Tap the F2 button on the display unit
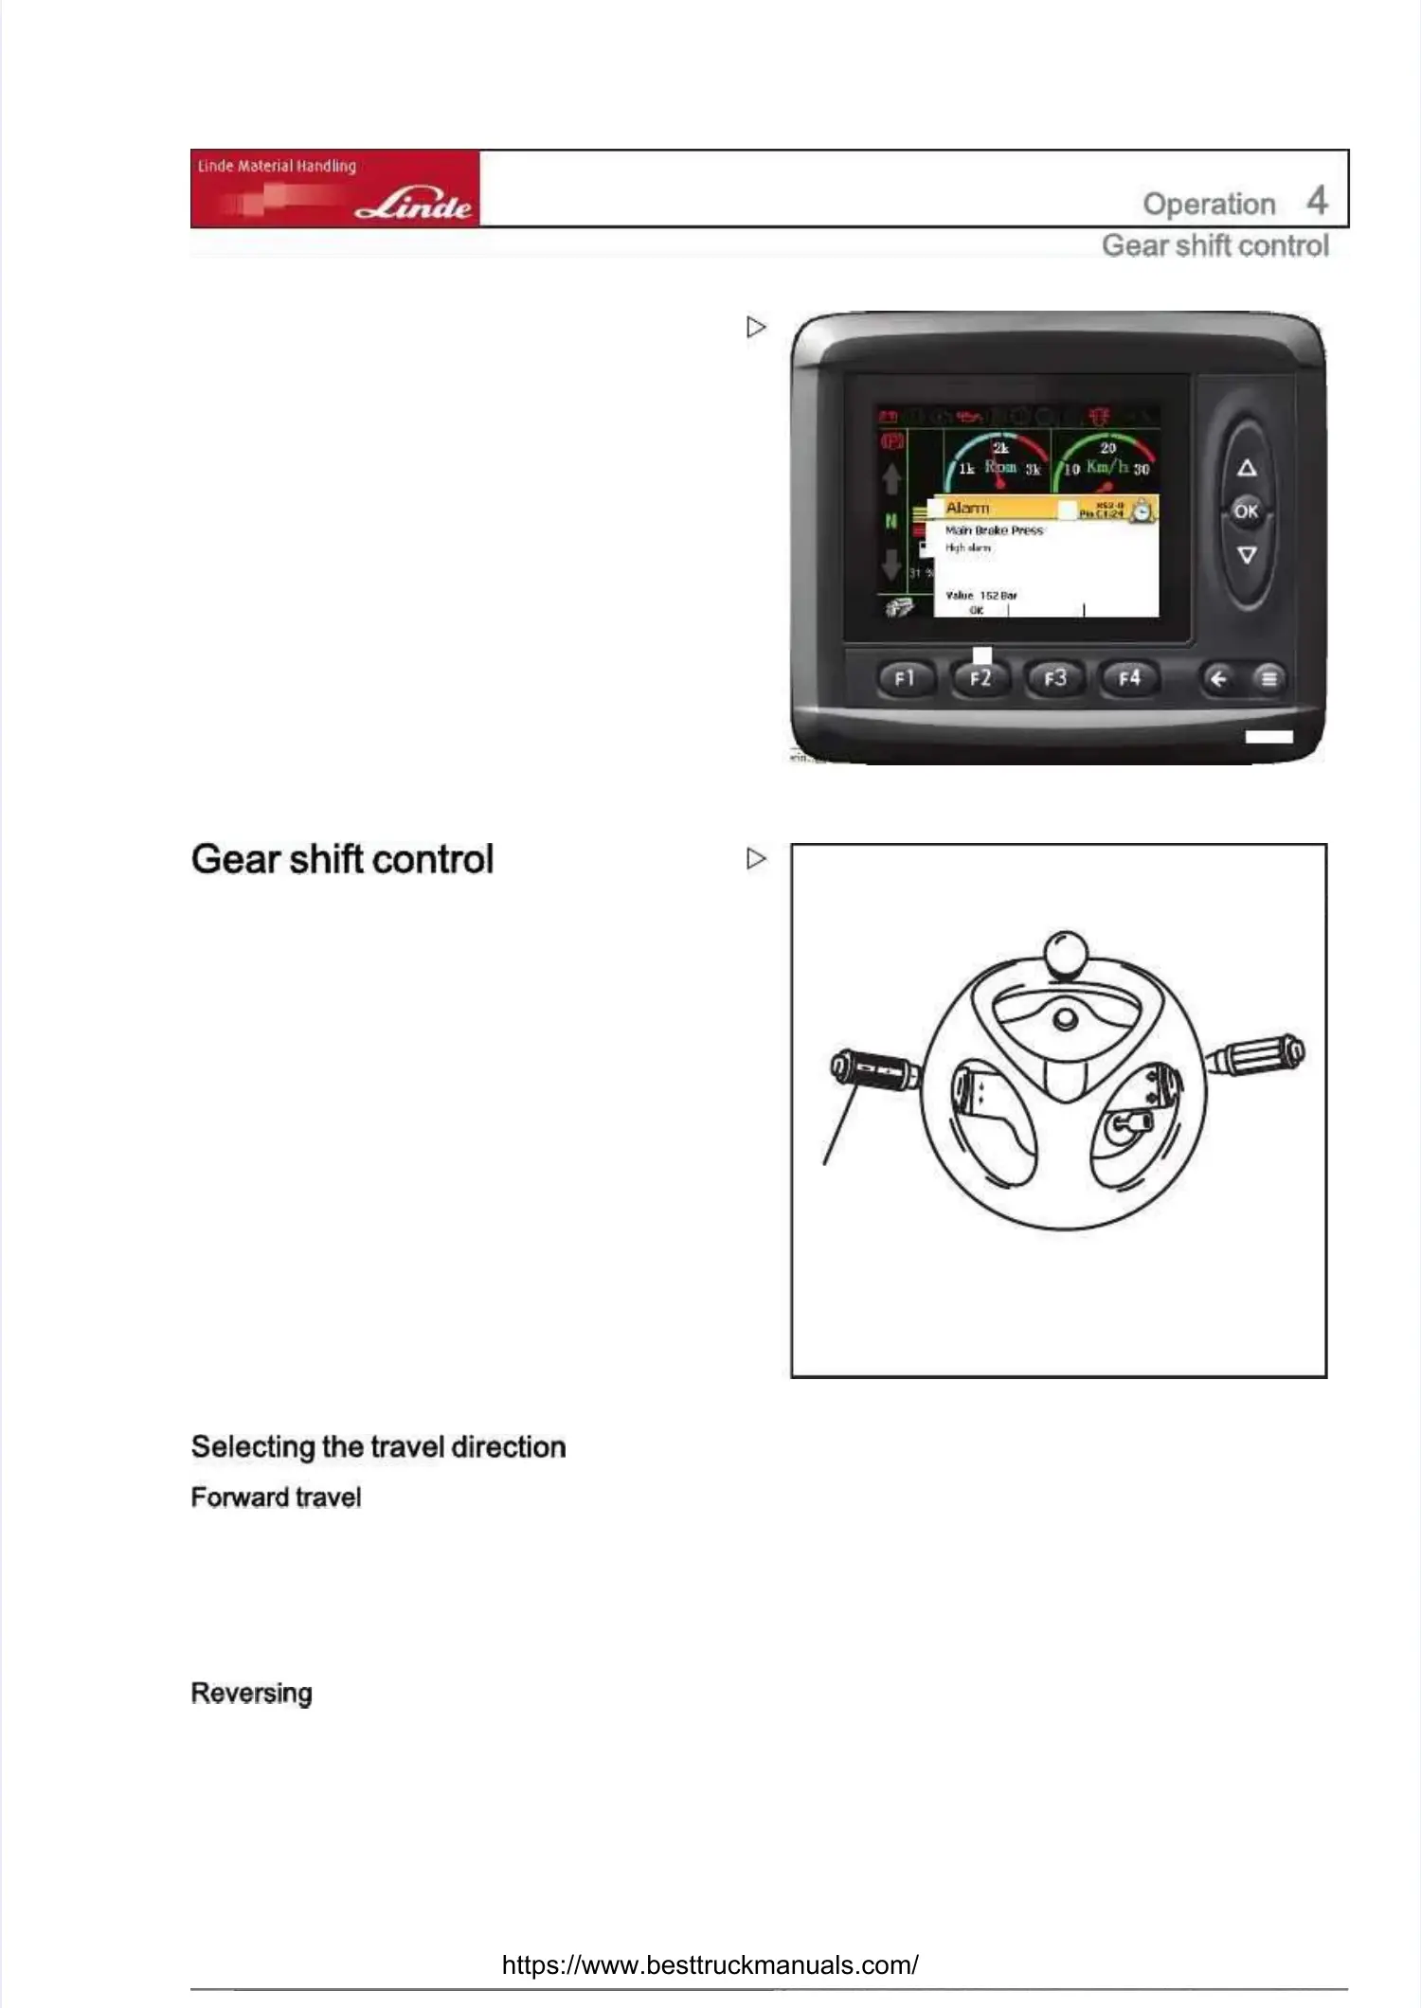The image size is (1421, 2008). [x=980, y=678]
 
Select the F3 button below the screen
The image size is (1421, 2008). [x=1054, y=678]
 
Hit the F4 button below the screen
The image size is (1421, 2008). [x=1129, y=678]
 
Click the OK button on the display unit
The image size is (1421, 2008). [x=1246, y=511]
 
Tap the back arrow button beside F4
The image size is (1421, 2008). [x=1218, y=678]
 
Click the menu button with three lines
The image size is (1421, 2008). [x=1268, y=678]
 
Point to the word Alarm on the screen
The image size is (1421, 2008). [x=967, y=509]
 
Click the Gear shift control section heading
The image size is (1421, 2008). [x=342, y=859]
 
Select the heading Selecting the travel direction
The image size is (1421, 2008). [x=378, y=1446]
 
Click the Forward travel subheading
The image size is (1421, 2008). [x=276, y=1497]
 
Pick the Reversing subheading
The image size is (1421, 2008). [x=251, y=1693]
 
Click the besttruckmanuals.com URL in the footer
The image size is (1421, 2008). [x=710, y=1964]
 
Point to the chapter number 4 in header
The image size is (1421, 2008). [x=1317, y=201]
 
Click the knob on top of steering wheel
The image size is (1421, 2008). [x=1065, y=953]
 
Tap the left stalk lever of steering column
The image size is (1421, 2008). [x=872, y=1070]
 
